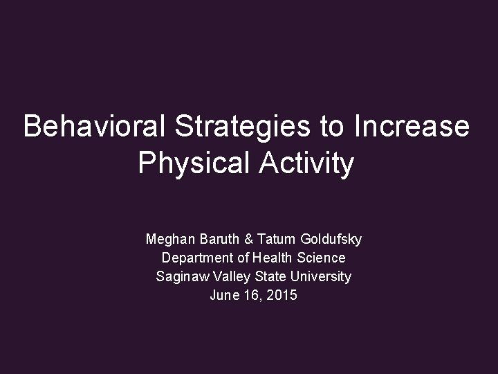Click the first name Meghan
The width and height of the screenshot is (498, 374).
coord(169,240)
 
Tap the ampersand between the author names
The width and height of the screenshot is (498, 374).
coord(247,240)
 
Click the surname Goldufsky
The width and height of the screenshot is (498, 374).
coord(329,240)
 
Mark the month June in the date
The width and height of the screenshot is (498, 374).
coord(223,295)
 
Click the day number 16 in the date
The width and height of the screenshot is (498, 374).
coord(252,295)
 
